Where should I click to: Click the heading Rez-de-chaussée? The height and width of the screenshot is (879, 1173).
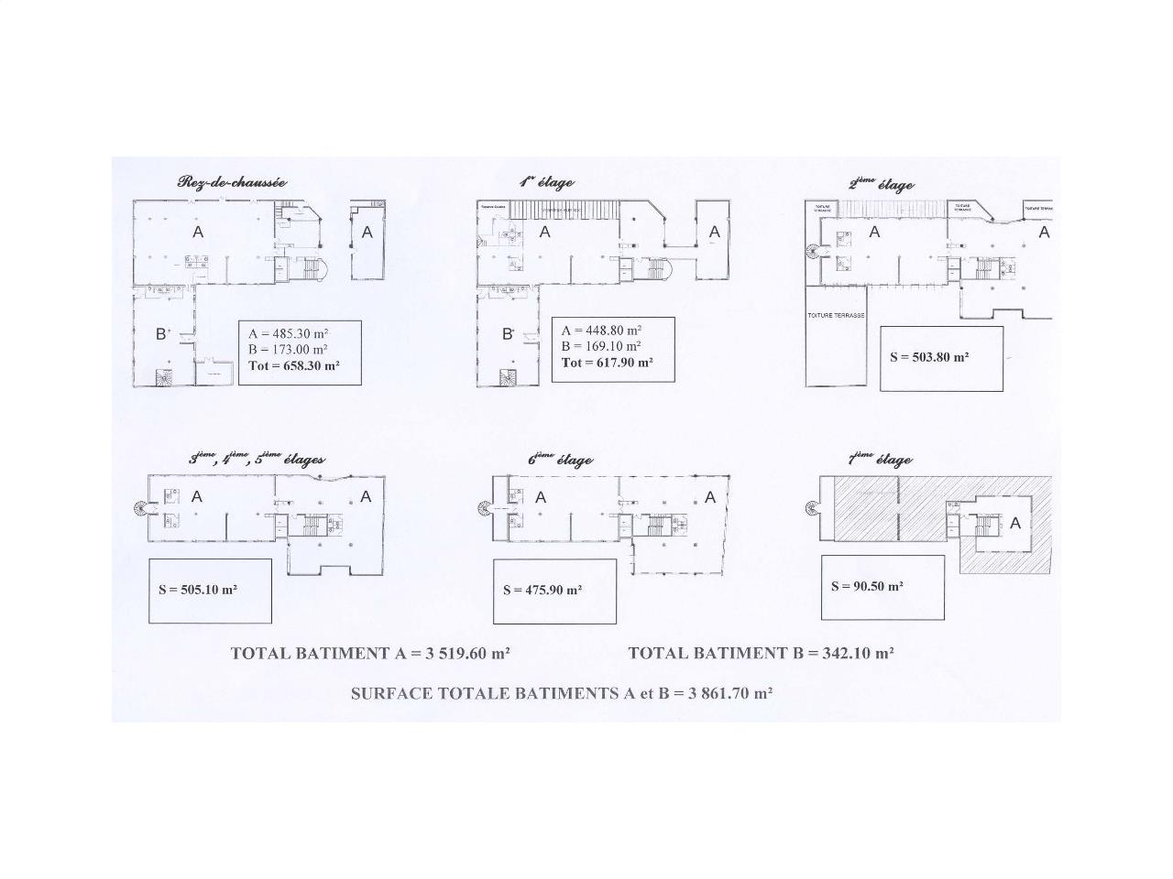pos(232,182)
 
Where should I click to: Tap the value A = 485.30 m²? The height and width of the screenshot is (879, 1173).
pos(288,334)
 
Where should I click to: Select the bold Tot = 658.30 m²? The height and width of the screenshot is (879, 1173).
pos(293,365)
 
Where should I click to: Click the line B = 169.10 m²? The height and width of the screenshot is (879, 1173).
pos(601,346)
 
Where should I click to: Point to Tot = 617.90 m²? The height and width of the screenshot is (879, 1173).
pos(607,362)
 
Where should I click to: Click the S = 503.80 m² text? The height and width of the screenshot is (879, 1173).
pos(929,357)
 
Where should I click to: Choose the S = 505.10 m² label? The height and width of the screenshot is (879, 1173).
pos(198,590)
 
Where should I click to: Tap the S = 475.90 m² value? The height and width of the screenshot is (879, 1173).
pos(543,591)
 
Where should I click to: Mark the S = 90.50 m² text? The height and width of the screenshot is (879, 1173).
pos(867,586)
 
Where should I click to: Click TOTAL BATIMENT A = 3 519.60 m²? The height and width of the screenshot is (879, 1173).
pos(370,653)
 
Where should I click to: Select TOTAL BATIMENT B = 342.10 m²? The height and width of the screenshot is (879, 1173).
pos(761,653)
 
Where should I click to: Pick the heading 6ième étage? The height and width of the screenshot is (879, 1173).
pos(560,460)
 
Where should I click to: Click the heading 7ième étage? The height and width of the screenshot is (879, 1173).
pos(880,460)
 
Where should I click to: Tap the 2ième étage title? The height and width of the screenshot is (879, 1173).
pos(881,185)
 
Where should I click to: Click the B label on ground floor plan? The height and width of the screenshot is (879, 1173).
pos(162,334)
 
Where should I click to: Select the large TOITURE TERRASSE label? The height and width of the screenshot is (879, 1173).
pos(836,315)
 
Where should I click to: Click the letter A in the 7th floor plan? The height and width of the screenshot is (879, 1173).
pos(1014,524)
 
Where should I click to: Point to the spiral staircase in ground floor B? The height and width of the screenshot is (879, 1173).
pos(165,376)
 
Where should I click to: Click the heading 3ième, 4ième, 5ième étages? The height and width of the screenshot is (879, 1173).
pos(257,460)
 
